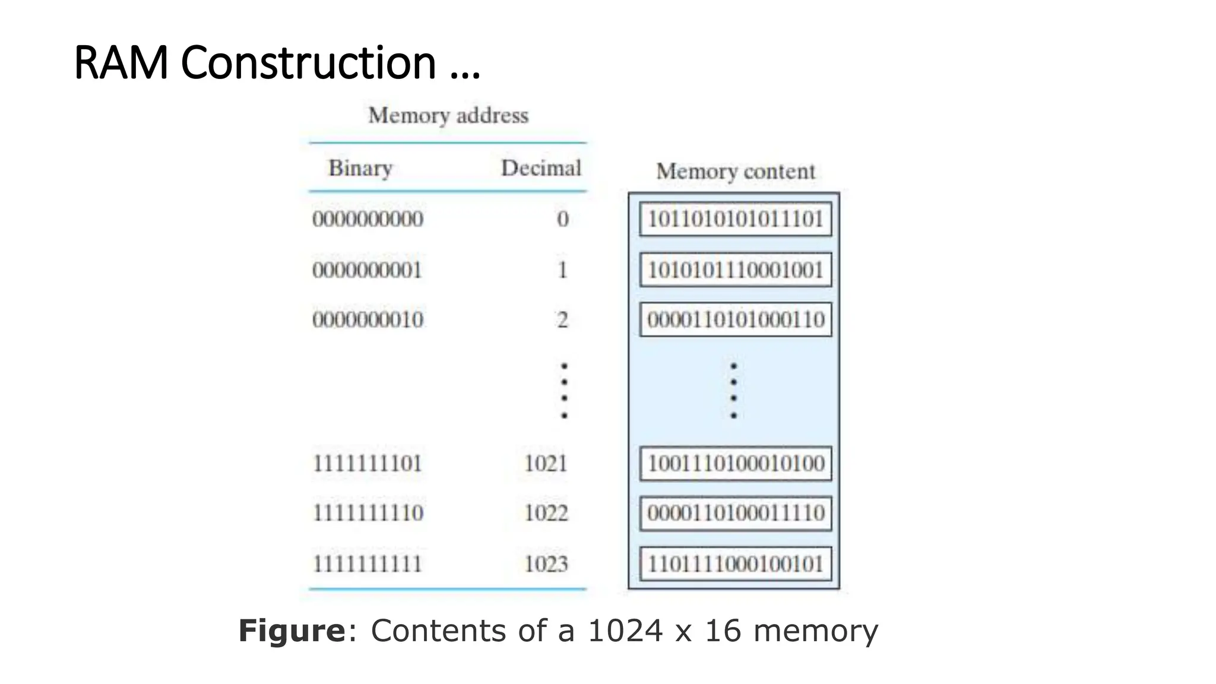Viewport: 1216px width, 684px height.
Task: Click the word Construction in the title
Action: click(308, 62)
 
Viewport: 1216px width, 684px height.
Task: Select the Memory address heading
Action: click(448, 115)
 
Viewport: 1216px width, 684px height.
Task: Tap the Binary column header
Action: click(360, 168)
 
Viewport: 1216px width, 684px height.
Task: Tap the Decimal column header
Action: click(540, 168)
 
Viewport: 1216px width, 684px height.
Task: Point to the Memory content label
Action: click(735, 172)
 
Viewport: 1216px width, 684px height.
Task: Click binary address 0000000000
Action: click(368, 219)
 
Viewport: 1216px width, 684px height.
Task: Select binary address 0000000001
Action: click(367, 270)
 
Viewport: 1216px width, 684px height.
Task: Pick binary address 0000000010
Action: click(368, 320)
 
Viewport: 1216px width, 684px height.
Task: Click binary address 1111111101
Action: click(367, 463)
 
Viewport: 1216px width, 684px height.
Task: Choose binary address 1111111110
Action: click(368, 513)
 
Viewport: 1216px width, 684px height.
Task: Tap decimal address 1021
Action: click(545, 463)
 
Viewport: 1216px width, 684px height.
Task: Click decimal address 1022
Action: click(545, 513)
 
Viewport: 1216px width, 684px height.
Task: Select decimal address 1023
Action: click(545, 563)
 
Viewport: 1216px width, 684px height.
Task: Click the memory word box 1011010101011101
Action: click(735, 219)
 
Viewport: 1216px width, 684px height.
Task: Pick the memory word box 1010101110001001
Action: click(735, 270)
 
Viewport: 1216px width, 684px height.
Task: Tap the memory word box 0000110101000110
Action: click(735, 320)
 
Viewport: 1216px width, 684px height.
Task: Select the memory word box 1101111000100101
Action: click(735, 563)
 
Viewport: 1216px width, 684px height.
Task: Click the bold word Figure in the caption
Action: click(292, 631)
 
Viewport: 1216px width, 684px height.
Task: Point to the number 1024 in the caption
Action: click(625, 631)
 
